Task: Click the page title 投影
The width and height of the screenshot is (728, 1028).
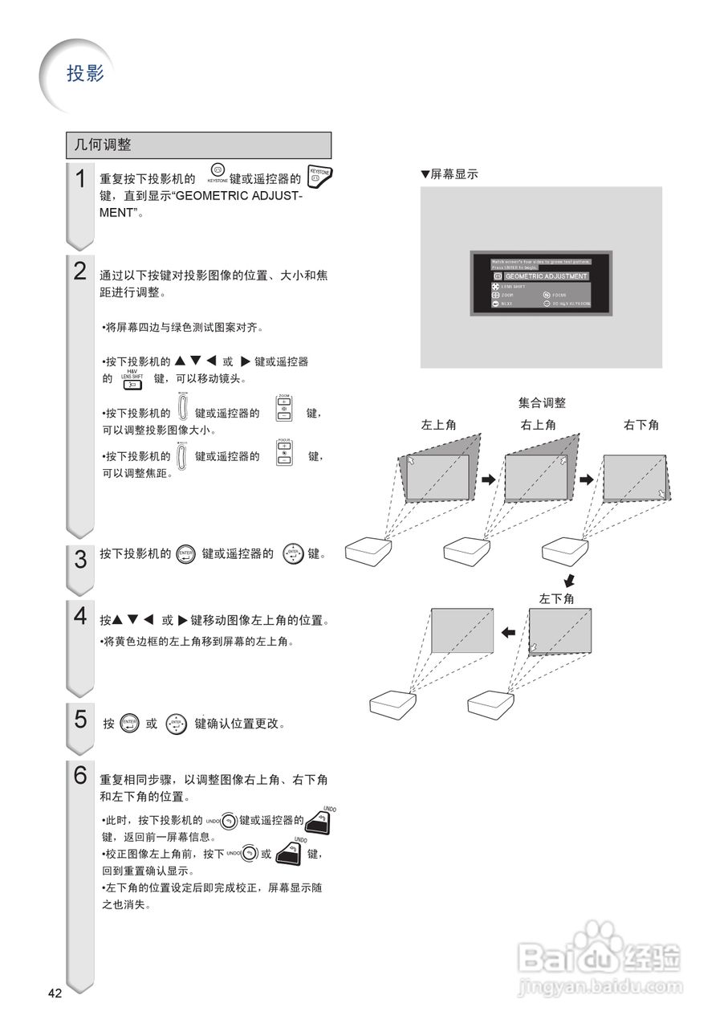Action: (x=85, y=74)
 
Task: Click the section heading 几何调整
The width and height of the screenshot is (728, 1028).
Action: (x=103, y=145)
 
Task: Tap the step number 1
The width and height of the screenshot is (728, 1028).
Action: (x=80, y=179)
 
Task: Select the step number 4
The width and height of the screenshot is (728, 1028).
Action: (x=80, y=616)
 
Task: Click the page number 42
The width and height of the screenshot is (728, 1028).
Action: (x=55, y=993)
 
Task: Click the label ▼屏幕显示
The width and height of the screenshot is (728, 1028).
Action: (x=449, y=173)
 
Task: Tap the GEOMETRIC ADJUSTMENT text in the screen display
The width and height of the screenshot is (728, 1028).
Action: (x=546, y=276)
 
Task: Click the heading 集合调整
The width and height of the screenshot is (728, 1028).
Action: (x=542, y=402)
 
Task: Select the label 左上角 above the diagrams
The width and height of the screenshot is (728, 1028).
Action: (x=438, y=425)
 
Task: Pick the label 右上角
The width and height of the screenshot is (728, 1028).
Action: (x=538, y=425)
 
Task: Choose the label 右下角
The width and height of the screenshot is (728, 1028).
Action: (x=641, y=425)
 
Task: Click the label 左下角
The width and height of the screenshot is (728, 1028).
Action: (x=556, y=599)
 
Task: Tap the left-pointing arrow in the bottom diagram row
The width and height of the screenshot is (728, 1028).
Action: (x=509, y=633)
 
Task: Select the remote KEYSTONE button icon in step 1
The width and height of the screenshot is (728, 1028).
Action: (x=319, y=177)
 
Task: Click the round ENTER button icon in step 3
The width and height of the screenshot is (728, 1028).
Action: (x=186, y=554)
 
